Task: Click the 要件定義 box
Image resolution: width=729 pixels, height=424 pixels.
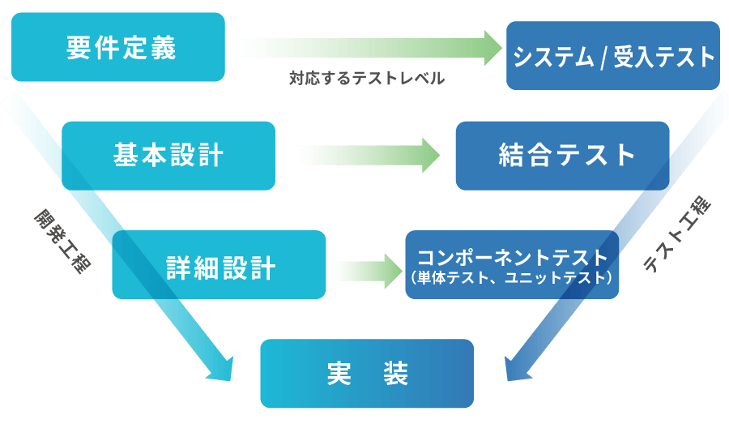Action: coord(118,47)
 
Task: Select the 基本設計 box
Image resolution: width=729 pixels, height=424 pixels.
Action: coord(168,156)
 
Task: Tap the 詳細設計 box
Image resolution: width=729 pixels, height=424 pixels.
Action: coord(219,264)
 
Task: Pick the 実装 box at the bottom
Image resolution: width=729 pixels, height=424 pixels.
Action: coord(366,373)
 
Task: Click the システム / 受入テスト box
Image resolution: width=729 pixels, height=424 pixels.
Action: coord(613,55)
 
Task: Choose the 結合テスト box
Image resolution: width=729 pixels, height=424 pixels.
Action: coord(562,156)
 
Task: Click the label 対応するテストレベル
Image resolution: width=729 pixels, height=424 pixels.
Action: coord(367,79)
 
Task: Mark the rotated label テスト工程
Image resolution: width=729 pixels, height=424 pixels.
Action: coord(677,235)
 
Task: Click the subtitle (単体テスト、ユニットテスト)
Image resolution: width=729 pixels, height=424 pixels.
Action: coord(512,277)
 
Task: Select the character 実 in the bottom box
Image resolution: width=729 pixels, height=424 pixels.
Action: coord(339,373)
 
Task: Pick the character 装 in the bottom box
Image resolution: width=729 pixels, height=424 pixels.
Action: coord(395,373)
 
